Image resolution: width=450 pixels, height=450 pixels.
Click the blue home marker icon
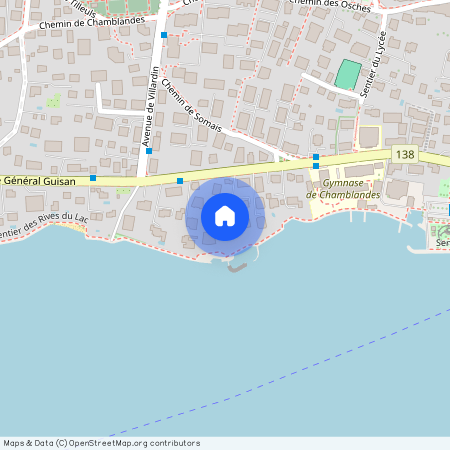coord(225,215)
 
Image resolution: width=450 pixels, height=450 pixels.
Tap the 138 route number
coord(404,153)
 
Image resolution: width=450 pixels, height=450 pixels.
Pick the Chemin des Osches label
coord(328,5)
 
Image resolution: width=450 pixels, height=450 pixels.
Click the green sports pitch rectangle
coord(347,74)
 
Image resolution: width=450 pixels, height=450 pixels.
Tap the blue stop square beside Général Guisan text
coord(93,178)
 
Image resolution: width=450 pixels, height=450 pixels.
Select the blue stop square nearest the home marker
coord(180,180)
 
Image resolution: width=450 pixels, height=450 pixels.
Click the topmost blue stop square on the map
coord(164,34)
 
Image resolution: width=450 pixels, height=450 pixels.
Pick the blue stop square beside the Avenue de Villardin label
coord(148,151)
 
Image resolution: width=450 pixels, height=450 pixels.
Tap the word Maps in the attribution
coord(15,443)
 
